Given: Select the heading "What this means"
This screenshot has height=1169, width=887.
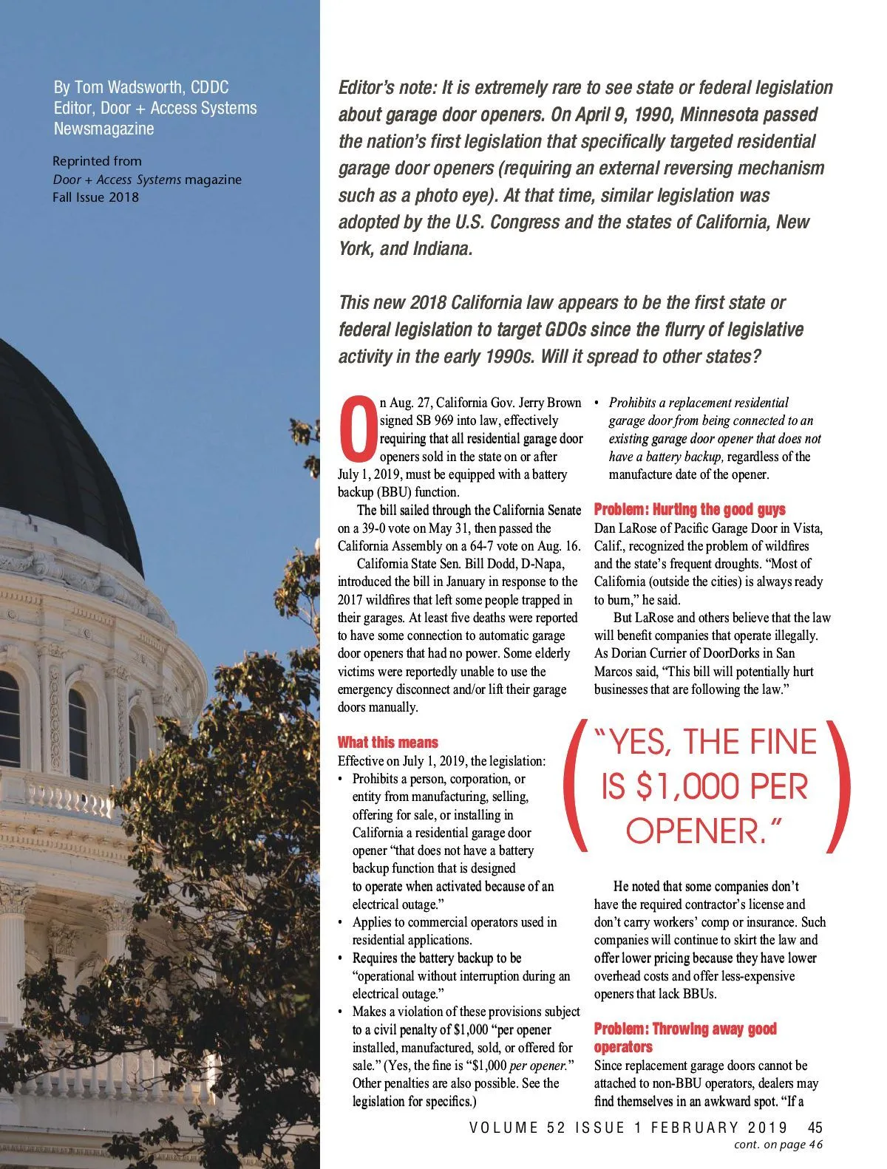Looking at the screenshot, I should tap(388, 743).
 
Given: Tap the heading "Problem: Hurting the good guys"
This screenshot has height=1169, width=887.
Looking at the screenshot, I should tap(690, 510).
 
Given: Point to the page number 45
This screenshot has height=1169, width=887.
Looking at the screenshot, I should tap(815, 1128).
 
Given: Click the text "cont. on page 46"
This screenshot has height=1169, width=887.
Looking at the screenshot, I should tap(778, 1145).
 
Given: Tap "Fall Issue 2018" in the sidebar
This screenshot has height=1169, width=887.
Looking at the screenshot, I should tap(95, 197).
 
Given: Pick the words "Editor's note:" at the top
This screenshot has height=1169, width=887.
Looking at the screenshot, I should tap(387, 88).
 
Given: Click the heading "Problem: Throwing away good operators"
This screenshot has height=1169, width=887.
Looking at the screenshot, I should tap(685, 1037).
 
